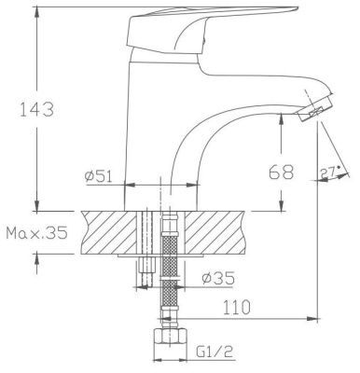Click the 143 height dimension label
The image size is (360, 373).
pos(36,109)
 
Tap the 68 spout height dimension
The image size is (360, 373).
pos(281,172)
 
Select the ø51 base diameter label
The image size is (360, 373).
pos(98,176)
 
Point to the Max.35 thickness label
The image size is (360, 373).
pos(36,233)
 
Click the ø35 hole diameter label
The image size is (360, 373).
pos(218,278)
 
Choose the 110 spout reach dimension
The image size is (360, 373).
pos(236,307)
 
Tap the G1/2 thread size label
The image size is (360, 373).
pos(215,352)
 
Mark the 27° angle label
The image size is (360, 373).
pos(329,172)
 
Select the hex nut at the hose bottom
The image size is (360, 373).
pos(171,339)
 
